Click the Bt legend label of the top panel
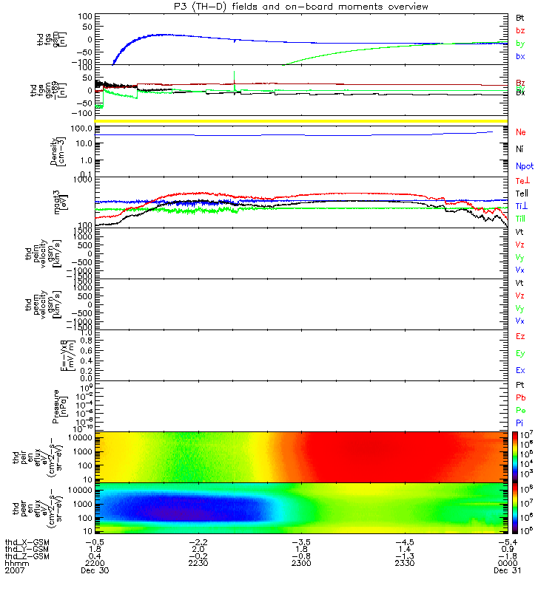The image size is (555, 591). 521,16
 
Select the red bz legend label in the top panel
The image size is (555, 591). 521,30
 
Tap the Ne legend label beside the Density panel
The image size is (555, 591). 522,131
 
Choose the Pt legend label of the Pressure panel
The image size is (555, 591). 521,386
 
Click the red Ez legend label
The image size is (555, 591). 521,336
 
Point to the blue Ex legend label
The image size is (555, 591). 521,370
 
